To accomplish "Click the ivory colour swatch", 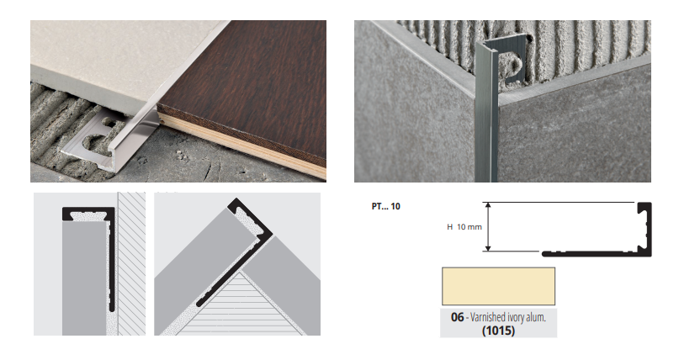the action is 498,286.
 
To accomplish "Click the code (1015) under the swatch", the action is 498,331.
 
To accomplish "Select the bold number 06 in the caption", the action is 457,317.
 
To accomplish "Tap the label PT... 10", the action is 386,206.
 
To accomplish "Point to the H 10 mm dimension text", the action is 464,227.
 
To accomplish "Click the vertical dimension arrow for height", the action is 488,227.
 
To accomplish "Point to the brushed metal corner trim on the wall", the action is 487,113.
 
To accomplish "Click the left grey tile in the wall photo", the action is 416,109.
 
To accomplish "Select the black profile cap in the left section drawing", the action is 88,213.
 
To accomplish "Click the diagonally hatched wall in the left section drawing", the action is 131,264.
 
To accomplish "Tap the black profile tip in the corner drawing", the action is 236,203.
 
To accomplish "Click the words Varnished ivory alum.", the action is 508,317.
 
